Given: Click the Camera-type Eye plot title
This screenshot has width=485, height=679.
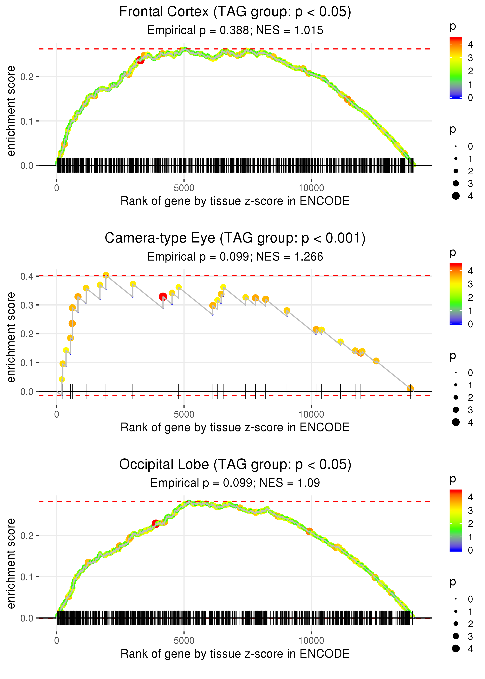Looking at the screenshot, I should coord(235,238).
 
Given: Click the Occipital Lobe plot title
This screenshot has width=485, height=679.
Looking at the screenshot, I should coord(235,464).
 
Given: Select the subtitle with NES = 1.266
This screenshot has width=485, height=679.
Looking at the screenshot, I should coord(235,257).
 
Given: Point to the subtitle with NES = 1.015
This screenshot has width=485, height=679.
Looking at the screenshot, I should coord(235,30).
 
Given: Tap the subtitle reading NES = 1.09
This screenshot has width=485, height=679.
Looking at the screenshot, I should coord(235,483).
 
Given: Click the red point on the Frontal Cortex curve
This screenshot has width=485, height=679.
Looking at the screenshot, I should coord(140,60).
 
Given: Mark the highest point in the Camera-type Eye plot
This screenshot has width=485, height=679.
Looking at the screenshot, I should coord(106,275).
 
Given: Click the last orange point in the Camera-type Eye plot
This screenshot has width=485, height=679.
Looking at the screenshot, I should coord(410,388).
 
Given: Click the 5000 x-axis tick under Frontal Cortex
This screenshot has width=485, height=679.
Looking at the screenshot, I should coord(184,188).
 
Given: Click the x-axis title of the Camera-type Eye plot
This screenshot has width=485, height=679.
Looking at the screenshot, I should coord(235,427).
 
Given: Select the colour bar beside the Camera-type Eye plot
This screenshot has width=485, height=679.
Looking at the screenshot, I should coord(456,294).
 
